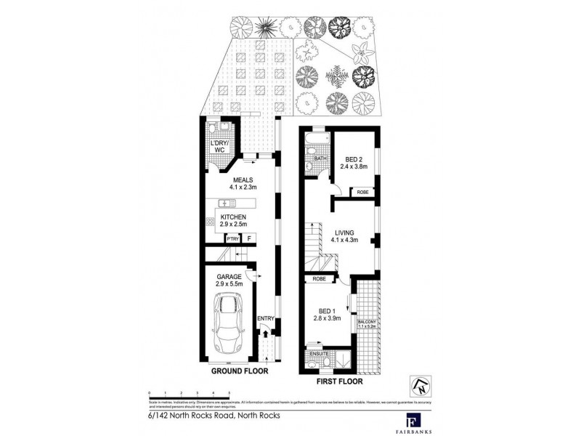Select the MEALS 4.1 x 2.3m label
[x=243, y=185]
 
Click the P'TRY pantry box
[x=232, y=238]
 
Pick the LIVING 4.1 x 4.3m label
[x=346, y=236]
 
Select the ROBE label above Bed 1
[x=319, y=278]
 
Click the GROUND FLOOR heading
[x=240, y=371]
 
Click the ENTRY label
[x=266, y=318]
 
